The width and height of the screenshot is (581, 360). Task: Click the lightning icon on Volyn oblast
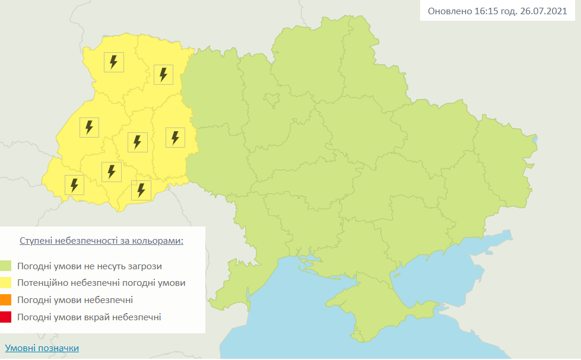tap(114, 62)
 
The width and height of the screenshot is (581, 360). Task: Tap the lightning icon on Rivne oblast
tap(164, 75)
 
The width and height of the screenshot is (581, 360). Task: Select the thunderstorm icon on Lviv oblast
tap(89, 127)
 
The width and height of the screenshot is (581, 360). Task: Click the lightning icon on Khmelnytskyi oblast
tap(175, 138)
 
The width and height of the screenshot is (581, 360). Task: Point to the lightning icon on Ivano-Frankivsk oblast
tap(111, 172)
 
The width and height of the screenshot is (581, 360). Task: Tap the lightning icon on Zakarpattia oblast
tap(74, 185)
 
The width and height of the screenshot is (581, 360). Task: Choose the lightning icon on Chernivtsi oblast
tap(141, 190)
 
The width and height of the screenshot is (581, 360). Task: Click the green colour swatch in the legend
tap(6, 266)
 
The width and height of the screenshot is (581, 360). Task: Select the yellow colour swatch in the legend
tap(6, 283)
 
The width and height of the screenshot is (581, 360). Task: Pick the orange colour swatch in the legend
tap(6, 300)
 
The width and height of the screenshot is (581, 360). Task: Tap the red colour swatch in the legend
tap(6, 317)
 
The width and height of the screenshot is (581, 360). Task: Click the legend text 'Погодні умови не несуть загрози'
tap(90, 266)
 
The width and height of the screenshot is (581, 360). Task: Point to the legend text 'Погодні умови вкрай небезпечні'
tap(89, 317)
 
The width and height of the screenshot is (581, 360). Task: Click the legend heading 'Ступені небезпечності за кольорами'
tap(101, 241)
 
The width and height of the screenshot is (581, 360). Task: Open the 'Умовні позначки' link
tap(42, 348)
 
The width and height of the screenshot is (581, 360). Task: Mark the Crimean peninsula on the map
tap(380, 308)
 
